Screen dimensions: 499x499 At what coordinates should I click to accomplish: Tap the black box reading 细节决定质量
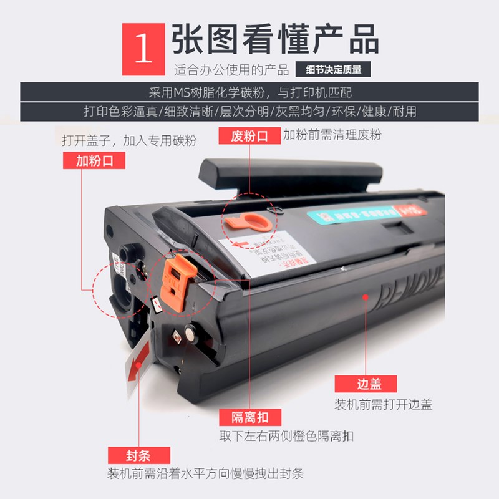338,70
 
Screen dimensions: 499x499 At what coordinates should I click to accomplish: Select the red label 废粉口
249,135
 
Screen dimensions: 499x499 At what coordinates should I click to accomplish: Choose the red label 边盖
357,384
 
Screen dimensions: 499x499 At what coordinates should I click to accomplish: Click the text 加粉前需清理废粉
332,134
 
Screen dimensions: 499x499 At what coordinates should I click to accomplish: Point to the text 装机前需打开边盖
383,404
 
